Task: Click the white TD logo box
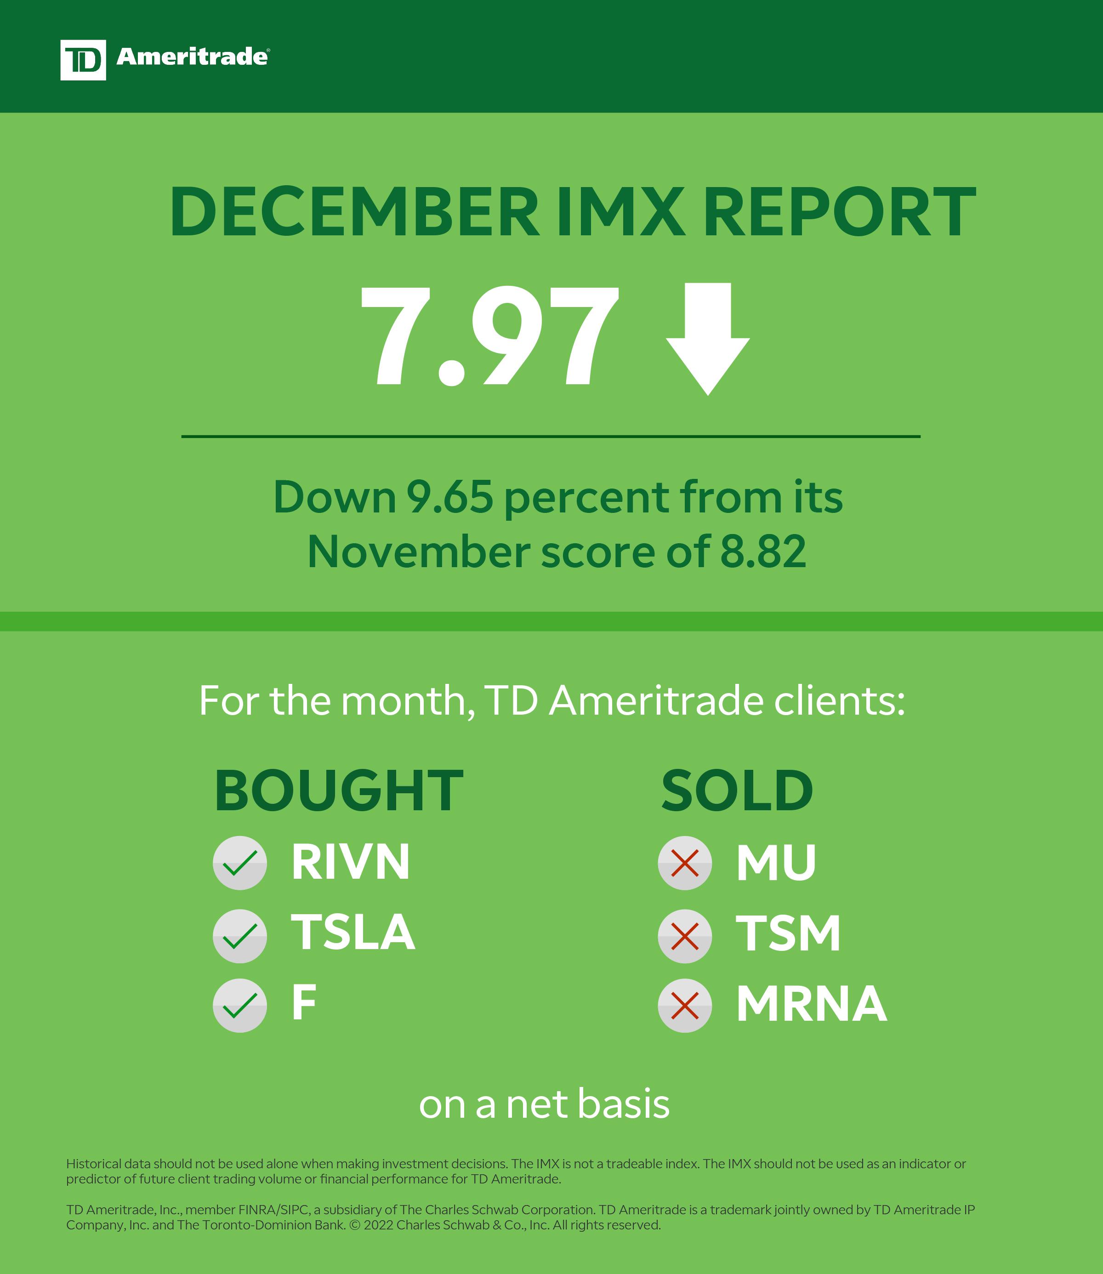[x=82, y=60]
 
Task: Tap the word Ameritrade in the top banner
[x=192, y=57]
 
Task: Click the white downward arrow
[x=708, y=339]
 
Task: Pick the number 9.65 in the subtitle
[x=449, y=497]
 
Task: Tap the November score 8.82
[x=762, y=552]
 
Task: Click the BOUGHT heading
[x=339, y=791]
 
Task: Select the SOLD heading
[x=737, y=791]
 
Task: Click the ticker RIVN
[x=350, y=862]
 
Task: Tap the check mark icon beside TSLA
[x=239, y=935]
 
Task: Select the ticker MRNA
[x=811, y=1004]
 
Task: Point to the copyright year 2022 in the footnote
[x=379, y=1225]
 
